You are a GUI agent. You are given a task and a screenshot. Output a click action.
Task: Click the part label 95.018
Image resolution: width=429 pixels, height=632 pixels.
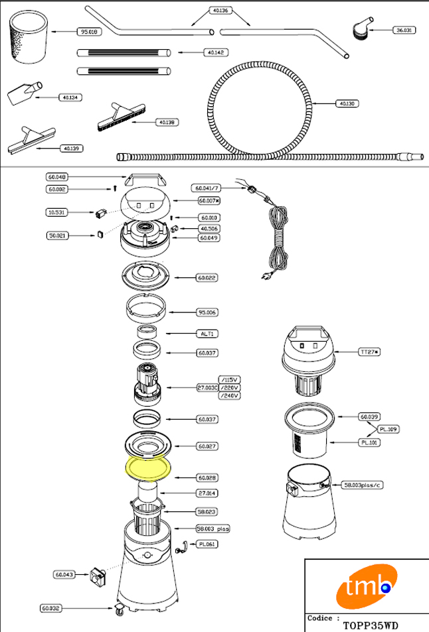tap(88, 31)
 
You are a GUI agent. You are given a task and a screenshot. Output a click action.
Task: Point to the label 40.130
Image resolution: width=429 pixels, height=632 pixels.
tap(347, 103)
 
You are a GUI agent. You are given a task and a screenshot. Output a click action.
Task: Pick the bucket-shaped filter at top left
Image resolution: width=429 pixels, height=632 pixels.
tap(29, 38)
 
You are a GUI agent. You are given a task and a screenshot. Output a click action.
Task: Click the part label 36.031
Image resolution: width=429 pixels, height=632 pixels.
tap(403, 31)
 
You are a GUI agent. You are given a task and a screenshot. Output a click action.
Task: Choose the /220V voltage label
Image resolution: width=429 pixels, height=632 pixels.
tap(229, 387)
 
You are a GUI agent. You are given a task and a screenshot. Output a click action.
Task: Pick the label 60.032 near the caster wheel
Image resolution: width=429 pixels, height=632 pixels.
tap(50, 607)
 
